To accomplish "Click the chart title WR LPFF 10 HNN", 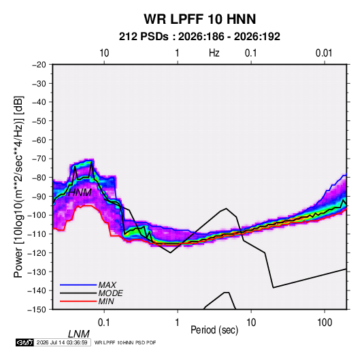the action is [200, 19].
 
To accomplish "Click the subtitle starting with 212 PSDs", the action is [199, 37].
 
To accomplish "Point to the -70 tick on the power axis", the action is [39, 159].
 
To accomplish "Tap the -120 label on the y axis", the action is [37, 253].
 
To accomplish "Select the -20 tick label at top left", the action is [39, 65].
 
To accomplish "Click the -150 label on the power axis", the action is [37, 310].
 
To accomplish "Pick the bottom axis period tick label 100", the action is [325, 323].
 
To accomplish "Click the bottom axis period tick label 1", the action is [178, 323].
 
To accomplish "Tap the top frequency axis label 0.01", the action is [324, 53].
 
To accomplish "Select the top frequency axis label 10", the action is [104, 53].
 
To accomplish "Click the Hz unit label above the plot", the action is [214, 53].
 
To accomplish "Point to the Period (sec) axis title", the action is [214, 330].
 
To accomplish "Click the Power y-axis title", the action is [18, 186].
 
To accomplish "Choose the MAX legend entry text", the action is [107, 284].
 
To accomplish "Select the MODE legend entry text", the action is [110, 293].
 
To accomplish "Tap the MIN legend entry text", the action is [106, 301].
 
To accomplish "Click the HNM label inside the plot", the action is [80, 193].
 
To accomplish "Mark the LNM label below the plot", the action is [78, 334].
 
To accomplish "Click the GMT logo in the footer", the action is [24, 342].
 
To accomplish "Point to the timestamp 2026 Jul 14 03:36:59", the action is [62, 342].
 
